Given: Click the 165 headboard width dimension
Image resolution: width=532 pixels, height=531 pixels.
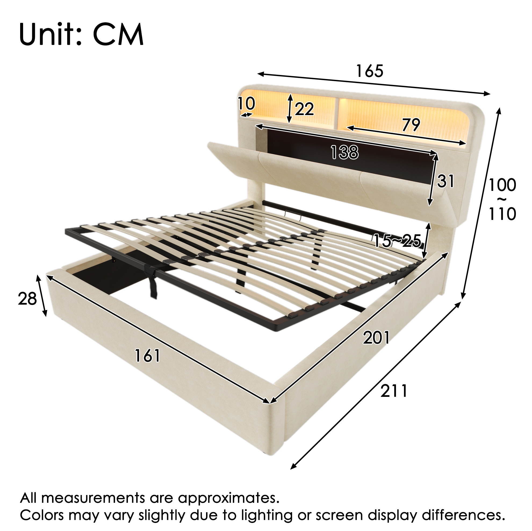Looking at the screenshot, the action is [369, 71].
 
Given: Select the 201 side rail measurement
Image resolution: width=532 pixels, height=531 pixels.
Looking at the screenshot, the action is [376, 338].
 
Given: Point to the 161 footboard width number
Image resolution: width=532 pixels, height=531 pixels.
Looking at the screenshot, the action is [147, 355].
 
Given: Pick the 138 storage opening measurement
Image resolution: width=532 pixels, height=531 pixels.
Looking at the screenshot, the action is [345, 152].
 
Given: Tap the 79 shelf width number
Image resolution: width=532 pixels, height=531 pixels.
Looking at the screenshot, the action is [411, 125].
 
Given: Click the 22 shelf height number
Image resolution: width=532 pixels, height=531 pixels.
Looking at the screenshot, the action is [304, 109].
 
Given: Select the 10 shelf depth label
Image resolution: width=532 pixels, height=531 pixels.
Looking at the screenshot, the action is [246, 104].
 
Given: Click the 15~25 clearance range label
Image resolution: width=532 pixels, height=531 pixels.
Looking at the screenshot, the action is [397, 241].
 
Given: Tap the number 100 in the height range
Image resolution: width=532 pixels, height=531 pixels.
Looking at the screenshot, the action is [502, 185].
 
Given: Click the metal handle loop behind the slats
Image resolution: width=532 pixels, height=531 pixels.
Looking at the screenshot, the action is [293, 215].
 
